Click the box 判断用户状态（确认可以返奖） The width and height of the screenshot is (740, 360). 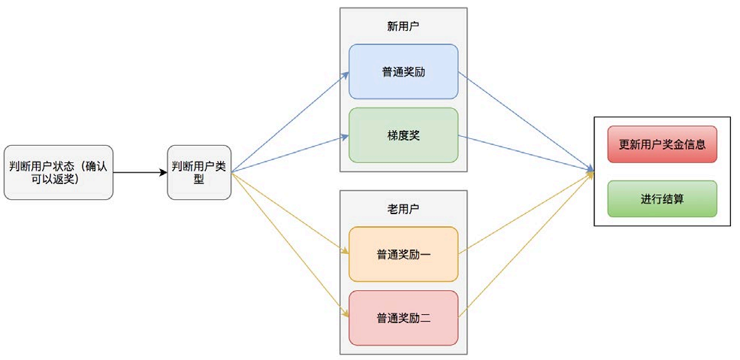pos(58,172)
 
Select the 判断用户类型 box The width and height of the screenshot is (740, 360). pos(198,172)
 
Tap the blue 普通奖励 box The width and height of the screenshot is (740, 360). pos(403,71)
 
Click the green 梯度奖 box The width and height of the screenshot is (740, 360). pos(403,135)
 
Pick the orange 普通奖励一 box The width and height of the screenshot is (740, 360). pos(403,254)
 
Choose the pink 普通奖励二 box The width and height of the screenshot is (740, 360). pos(403,318)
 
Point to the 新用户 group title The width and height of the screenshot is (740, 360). pos(403,26)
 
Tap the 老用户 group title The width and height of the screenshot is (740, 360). pos(403,207)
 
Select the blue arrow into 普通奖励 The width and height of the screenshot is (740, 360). pos(289,123)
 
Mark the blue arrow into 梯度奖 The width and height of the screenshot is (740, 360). pos(289,155)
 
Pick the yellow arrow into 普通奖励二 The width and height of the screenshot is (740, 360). pos(289,242)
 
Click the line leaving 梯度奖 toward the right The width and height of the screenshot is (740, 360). pos(526,154)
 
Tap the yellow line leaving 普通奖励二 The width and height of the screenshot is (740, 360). pos(526,242)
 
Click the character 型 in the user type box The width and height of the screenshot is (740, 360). pos(198,180)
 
